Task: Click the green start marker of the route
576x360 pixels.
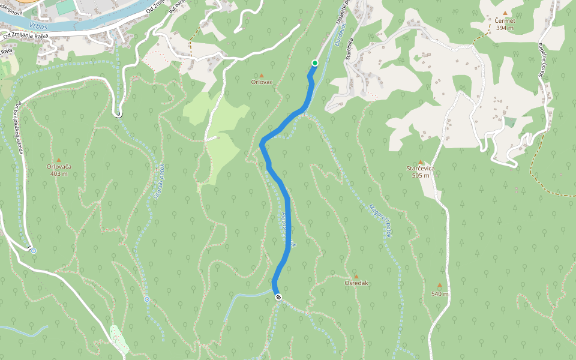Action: tap(314, 63)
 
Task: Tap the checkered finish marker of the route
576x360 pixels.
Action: tap(278, 297)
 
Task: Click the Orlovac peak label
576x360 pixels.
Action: tap(262, 82)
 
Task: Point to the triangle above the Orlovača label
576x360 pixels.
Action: tap(58, 160)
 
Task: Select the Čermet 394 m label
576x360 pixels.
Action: tap(505, 24)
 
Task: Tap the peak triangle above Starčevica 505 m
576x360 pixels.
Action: tap(421, 162)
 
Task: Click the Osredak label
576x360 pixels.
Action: tap(356, 283)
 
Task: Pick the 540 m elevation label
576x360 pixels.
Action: tap(440, 294)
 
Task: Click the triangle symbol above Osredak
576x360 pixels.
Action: tap(356, 277)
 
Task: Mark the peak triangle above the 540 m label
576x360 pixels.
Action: tap(439, 286)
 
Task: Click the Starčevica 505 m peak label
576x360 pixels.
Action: tap(421, 172)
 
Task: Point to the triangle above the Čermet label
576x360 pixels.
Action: tap(505, 13)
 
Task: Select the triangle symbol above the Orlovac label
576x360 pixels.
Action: tap(262, 76)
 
